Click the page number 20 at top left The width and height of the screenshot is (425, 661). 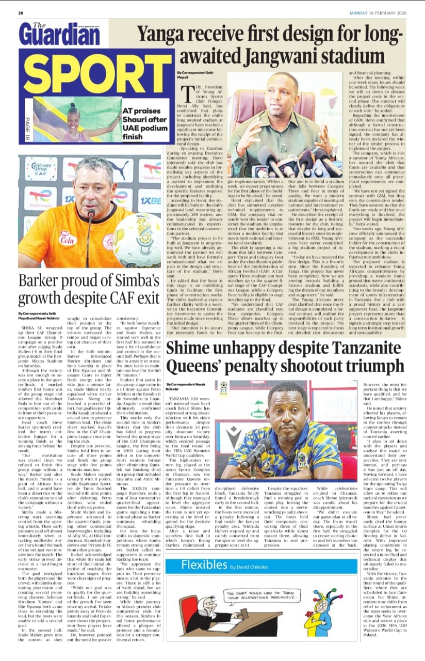[x=21, y=13]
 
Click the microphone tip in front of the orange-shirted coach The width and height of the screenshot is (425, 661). [x=92, y=227]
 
